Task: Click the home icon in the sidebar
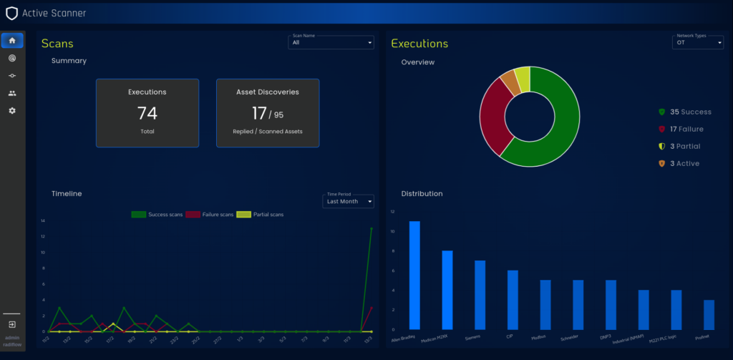pyautogui.click(x=12, y=41)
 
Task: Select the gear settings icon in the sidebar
pyautogui.click(x=12, y=111)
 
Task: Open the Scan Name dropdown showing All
pyautogui.click(x=331, y=43)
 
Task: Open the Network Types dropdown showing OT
pyautogui.click(x=698, y=43)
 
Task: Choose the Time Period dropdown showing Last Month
pyautogui.click(x=349, y=202)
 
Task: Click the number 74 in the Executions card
pyautogui.click(x=147, y=113)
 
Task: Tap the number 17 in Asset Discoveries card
pyautogui.click(x=259, y=113)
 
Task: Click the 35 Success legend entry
pyautogui.click(x=685, y=112)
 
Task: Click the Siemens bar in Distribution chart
pyautogui.click(x=480, y=293)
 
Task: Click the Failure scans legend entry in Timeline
pyautogui.click(x=209, y=215)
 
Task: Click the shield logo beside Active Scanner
pyautogui.click(x=11, y=13)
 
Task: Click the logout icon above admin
pyautogui.click(x=12, y=324)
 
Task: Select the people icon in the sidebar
pyautogui.click(x=12, y=93)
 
